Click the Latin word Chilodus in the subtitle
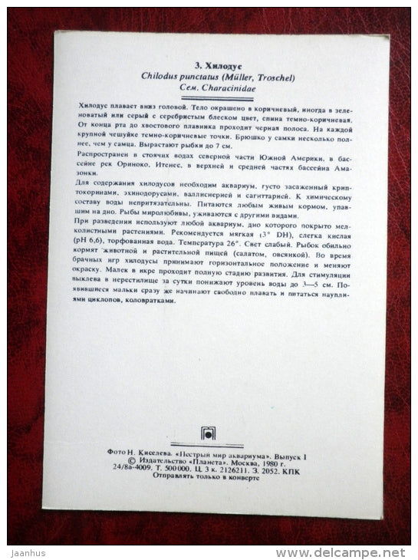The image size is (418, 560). (x=158, y=77)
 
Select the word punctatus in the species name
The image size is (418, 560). (x=199, y=77)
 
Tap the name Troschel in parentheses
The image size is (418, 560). (x=275, y=77)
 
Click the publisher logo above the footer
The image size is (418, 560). (x=209, y=433)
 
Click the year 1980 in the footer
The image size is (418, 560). (x=274, y=463)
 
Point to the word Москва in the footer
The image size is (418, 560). (x=245, y=463)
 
